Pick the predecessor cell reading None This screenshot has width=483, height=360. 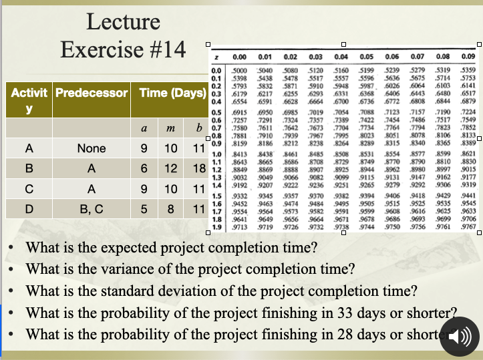point(92,150)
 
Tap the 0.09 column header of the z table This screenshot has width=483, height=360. point(468,57)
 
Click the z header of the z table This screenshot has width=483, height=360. point(218,57)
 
